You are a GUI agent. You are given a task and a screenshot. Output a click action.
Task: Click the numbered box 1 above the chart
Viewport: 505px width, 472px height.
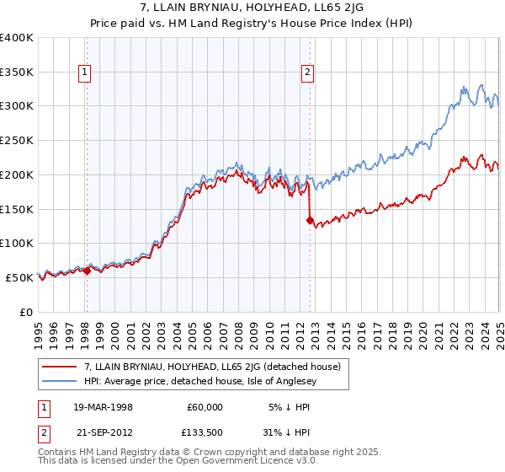[86, 73]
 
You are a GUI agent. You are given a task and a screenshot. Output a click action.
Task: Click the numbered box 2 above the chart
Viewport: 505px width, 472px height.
[308, 73]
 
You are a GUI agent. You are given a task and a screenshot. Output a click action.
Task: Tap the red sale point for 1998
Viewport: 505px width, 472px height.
[87, 271]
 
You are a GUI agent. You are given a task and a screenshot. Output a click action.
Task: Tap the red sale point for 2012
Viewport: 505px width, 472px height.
[310, 220]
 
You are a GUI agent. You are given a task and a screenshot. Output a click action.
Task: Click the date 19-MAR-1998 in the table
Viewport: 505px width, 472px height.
[106, 407]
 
